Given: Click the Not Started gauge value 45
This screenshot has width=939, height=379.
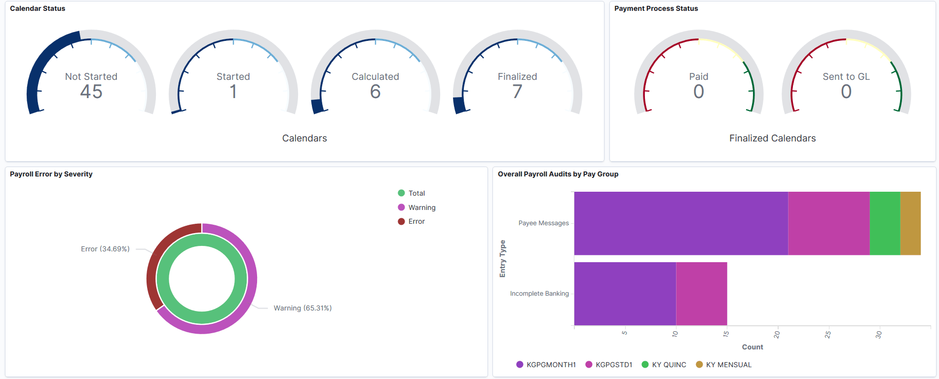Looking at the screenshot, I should [91, 92].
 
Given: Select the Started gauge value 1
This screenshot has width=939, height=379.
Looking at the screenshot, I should [233, 92].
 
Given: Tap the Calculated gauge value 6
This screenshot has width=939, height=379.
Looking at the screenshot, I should [375, 92].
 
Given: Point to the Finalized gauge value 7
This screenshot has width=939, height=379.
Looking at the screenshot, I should [517, 92].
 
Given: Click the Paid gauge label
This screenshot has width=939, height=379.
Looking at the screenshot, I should [698, 76].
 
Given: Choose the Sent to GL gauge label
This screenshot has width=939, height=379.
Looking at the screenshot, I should [846, 76].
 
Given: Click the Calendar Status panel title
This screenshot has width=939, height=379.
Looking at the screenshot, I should [38, 8].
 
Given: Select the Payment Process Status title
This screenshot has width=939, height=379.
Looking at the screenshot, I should [656, 8].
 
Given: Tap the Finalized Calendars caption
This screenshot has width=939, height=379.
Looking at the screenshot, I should [772, 138].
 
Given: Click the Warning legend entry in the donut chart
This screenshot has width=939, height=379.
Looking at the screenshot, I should [421, 207].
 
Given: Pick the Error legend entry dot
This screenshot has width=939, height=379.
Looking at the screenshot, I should [401, 221].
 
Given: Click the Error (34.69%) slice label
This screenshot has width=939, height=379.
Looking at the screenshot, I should [105, 249].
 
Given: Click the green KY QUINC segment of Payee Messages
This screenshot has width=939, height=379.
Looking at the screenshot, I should [885, 223].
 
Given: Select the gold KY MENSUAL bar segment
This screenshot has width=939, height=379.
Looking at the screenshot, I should [910, 223].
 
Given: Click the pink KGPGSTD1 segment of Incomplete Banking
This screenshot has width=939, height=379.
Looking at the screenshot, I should [701, 294].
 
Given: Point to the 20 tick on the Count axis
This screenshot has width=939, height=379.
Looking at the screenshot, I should [777, 334].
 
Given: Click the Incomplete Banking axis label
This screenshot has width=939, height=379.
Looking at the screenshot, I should [539, 294].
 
